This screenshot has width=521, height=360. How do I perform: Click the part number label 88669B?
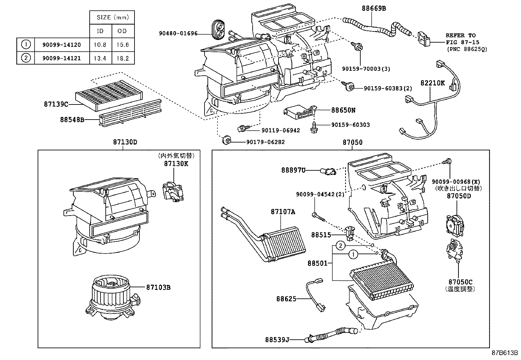(x=374, y=9)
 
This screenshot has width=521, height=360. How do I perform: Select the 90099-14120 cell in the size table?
(x=62, y=45)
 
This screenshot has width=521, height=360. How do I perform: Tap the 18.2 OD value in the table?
(x=122, y=59)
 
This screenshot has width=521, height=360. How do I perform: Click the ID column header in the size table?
(x=100, y=31)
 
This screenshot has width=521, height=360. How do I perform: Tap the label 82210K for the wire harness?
(x=433, y=83)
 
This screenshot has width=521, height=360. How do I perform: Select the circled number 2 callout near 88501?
(x=341, y=245)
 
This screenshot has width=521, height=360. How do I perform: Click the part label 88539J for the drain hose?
(x=277, y=340)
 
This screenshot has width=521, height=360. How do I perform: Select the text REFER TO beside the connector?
(x=460, y=35)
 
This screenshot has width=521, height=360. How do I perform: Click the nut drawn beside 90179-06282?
(x=226, y=141)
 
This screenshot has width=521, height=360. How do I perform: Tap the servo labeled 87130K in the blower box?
(x=173, y=192)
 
